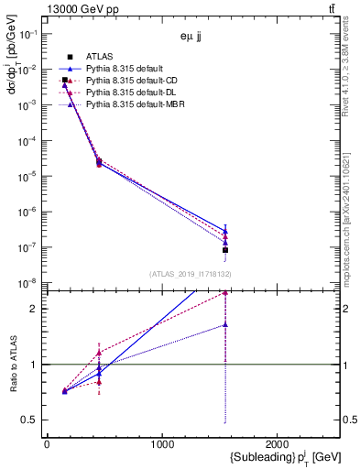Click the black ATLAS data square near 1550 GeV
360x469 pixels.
(225, 250)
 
